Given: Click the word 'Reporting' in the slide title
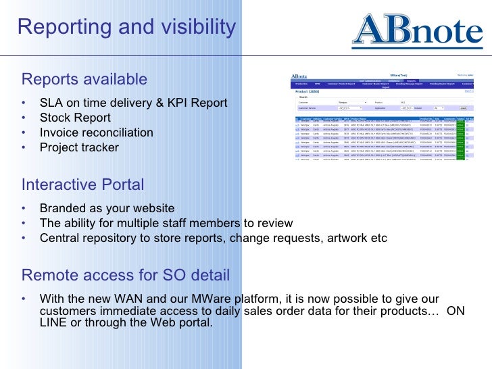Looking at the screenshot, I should click(62, 27).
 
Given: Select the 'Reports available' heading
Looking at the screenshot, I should click(84, 79).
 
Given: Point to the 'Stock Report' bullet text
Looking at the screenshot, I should click(75, 118).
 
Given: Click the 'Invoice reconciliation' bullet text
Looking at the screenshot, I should click(97, 132).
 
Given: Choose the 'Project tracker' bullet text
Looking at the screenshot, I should click(79, 147).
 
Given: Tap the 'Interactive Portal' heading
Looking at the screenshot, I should click(82, 184).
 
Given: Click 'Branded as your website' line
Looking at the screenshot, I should click(107, 208).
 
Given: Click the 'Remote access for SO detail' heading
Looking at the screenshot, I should click(126, 275).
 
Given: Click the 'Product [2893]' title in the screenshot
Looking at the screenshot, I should click(308, 91).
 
